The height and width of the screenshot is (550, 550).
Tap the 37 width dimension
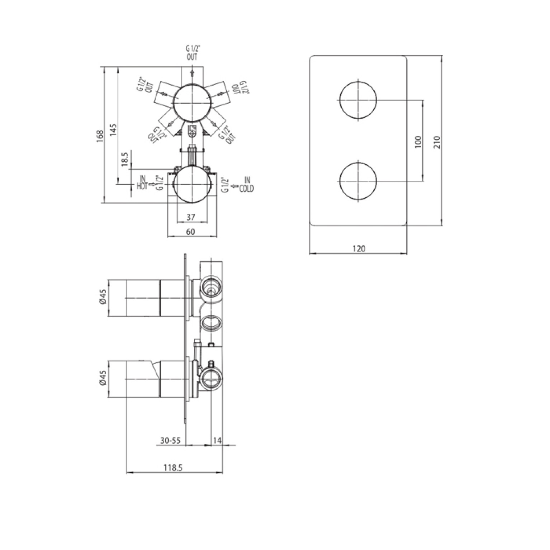click(191, 217)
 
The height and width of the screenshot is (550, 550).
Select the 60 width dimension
click(191, 232)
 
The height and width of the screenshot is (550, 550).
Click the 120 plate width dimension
click(359, 248)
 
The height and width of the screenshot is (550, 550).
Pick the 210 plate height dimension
click(437, 142)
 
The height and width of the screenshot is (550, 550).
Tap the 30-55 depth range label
click(170, 440)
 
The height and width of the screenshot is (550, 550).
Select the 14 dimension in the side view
click(217, 440)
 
